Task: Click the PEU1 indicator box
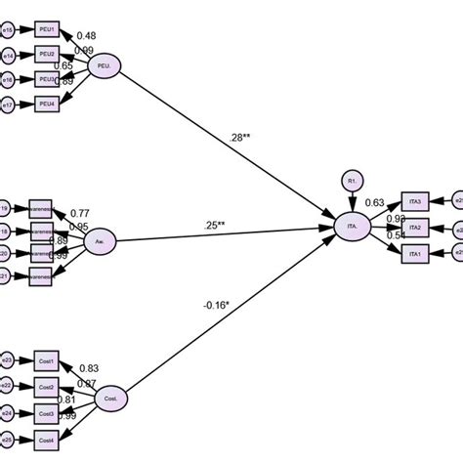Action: (x=47, y=31)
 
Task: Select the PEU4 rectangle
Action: (x=47, y=103)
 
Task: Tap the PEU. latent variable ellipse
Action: (x=105, y=65)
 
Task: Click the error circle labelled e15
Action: (x=8, y=31)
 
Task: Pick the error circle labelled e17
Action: (x=8, y=103)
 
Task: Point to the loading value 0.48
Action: (x=86, y=37)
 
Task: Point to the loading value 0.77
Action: (x=80, y=214)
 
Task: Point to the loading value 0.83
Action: (x=87, y=368)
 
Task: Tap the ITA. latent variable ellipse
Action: (x=352, y=227)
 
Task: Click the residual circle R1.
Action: (x=352, y=180)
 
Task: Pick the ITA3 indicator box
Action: (x=415, y=201)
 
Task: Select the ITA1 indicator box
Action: (x=415, y=253)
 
